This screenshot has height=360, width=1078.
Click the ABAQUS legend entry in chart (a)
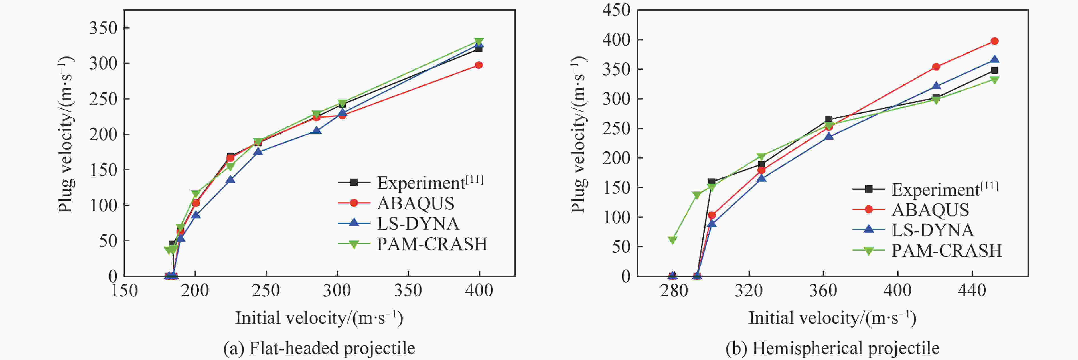416,203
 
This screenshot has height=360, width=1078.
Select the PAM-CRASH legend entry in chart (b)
947,250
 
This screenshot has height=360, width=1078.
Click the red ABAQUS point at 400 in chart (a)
479,65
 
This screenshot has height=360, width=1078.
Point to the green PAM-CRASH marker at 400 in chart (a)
479,41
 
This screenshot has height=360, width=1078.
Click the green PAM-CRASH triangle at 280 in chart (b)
672,240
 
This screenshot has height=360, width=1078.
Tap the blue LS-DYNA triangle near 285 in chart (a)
317,130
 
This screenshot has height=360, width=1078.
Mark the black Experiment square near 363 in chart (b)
828,119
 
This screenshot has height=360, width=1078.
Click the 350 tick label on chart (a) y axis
103,28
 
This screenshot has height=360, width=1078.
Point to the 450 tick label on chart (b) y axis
616,10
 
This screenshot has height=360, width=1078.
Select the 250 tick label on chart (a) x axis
266,290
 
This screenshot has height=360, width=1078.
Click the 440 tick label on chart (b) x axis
972,290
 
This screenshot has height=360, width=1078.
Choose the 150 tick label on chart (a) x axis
124,290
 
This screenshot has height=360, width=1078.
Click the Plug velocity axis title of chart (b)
578,134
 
